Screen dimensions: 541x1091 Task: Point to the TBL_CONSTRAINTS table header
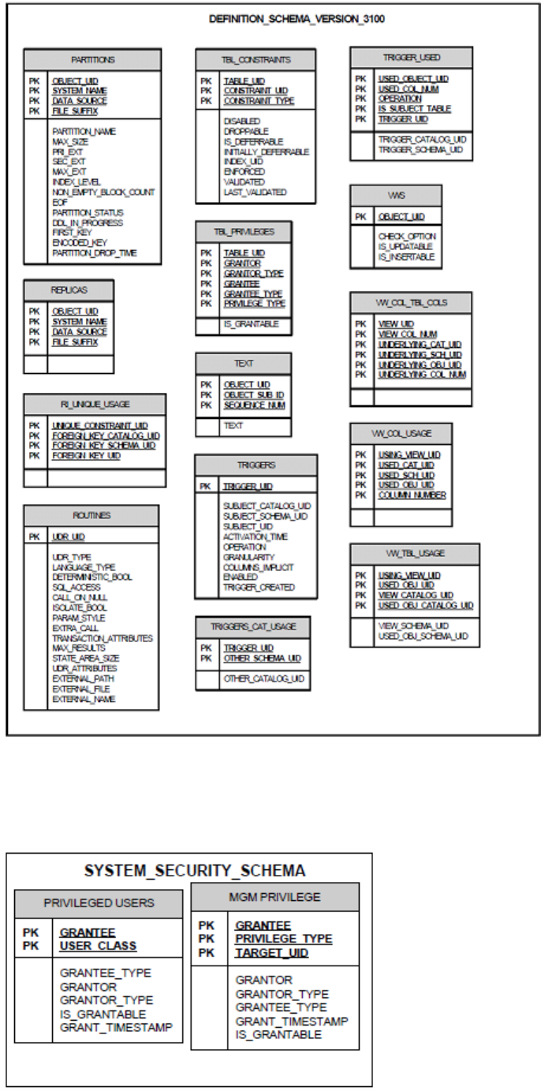click(x=256, y=59)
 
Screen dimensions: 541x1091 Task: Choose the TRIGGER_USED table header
click(x=411, y=58)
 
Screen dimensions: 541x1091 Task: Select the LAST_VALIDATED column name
click(x=255, y=192)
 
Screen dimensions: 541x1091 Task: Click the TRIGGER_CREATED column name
click(x=259, y=588)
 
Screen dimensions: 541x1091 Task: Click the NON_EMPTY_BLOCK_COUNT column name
click(x=103, y=192)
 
